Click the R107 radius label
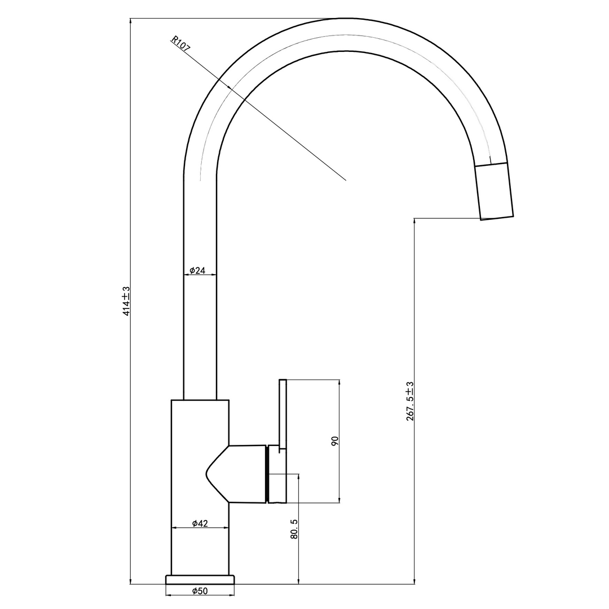pos(181,45)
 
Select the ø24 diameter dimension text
pos(197,270)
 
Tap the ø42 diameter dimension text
pos(200,523)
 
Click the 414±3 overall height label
pos(126,301)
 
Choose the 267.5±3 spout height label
pos(410,401)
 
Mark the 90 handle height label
pos(335,440)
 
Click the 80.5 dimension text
pos(294,529)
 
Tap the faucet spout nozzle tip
pos(497,218)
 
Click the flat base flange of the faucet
pos(200,580)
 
